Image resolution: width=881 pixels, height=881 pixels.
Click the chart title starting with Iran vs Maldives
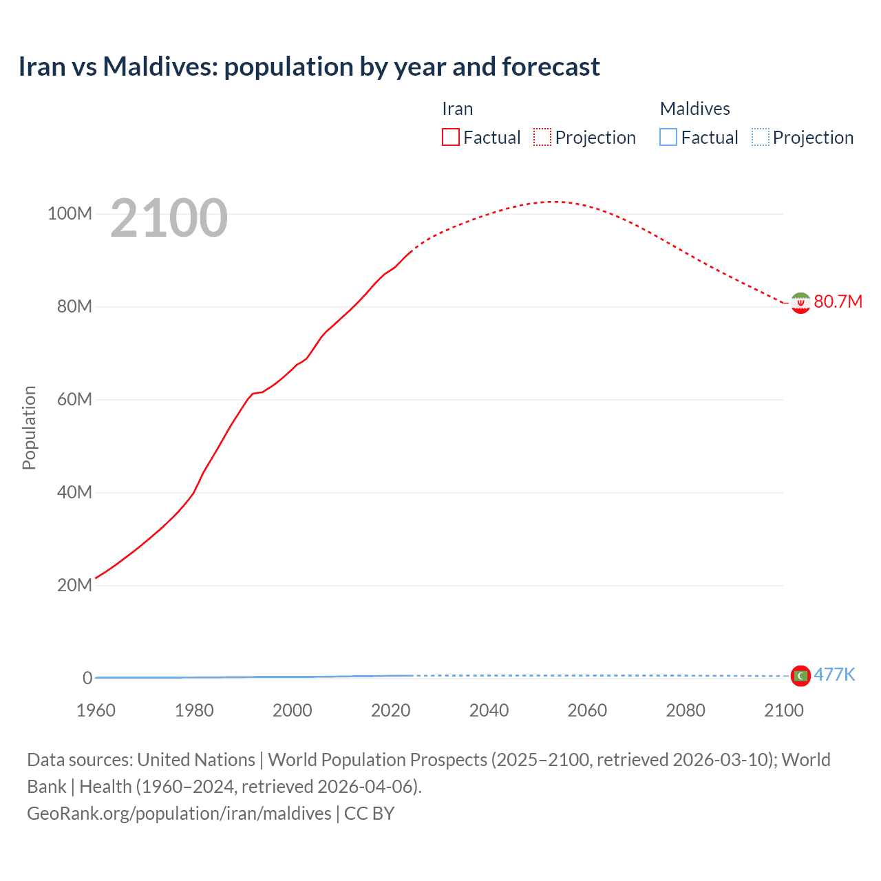click(309, 67)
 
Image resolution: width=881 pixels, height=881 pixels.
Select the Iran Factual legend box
click(450, 137)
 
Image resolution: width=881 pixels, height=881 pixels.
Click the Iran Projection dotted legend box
click(542, 137)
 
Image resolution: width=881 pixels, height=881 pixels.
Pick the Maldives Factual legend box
click(668, 137)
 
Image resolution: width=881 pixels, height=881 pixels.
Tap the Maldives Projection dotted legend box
click(761, 137)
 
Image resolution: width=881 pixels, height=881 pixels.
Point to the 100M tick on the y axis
click(70, 213)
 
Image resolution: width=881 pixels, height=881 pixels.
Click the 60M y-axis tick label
click(74, 399)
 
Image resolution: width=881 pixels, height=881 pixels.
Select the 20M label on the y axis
click(74, 585)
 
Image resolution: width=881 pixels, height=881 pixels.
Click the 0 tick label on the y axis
click(87, 678)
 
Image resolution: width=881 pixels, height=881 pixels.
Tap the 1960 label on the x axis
click(96, 710)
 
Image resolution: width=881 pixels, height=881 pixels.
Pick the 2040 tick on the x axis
click(489, 710)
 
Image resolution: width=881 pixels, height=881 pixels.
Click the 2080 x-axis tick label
click(686, 710)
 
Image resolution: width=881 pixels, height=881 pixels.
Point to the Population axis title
click(29, 427)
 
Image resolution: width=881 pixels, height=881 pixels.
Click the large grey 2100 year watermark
click(169, 218)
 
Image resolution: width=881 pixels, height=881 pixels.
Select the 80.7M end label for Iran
click(838, 301)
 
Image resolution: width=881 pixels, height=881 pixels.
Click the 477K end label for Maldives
click(834, 675)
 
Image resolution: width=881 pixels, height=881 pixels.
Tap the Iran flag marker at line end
click(800, 303)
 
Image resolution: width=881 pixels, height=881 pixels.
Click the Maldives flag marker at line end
click(800, 676)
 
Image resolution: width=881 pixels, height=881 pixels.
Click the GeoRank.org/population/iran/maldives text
click(179, 814)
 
